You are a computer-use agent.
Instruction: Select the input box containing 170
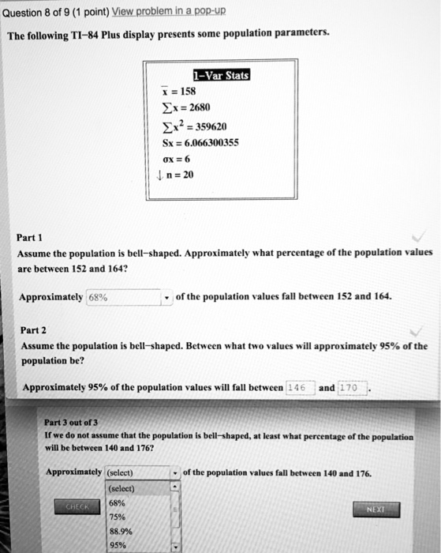tap(352, 387)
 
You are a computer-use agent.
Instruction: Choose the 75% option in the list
tap(118, 517)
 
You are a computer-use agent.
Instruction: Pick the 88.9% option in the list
tap(121, 532)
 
